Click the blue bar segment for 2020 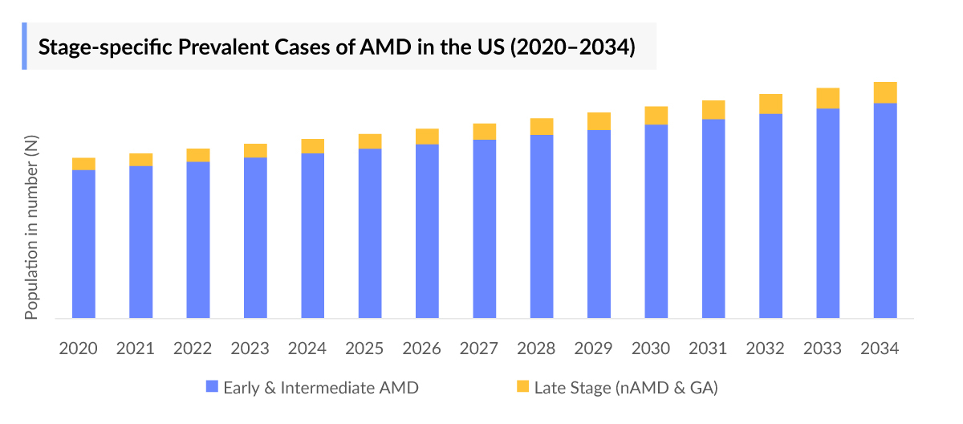point(83,244)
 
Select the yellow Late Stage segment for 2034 point(885,92)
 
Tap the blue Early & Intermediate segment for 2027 point(485,229)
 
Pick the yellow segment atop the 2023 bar point(255,150)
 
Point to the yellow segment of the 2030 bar point(656,116)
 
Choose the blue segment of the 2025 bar point(370,234)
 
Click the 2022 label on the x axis point(193,349)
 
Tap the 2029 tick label point(593,349)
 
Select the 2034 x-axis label point(880,349)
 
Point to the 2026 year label point(421,349)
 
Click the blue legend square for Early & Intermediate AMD point(212,387)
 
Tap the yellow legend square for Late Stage point(522,387)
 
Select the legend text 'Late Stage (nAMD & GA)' point(626,387)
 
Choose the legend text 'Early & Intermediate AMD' point(321,387)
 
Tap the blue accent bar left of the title point(24,46)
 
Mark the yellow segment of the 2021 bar point(140,159)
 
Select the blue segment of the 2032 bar point(771,216)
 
